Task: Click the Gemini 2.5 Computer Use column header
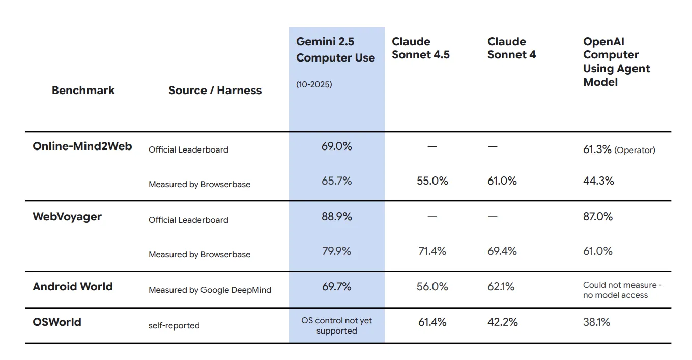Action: point(335,50)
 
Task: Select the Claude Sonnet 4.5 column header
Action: point(420,48)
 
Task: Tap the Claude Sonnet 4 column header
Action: point(511,48)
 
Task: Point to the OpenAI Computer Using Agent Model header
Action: point(616,62)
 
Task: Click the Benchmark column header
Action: point(83,91)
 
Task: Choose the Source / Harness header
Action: point(215,91)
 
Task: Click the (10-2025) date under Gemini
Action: point(314,84)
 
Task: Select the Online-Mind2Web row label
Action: point(82,146)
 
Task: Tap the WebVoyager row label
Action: point(67,217)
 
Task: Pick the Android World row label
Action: point(73,287)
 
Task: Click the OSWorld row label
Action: point(57,322)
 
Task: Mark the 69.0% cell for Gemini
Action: point(336,146)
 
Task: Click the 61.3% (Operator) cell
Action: point(619,149)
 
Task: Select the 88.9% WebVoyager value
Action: point(336,217)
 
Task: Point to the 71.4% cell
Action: point(432,251)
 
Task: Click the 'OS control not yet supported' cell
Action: point(336,326)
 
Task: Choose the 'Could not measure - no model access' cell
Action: point(622,290)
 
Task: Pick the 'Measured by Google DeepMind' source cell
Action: point(210,290)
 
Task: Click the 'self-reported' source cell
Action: point(174,325)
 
